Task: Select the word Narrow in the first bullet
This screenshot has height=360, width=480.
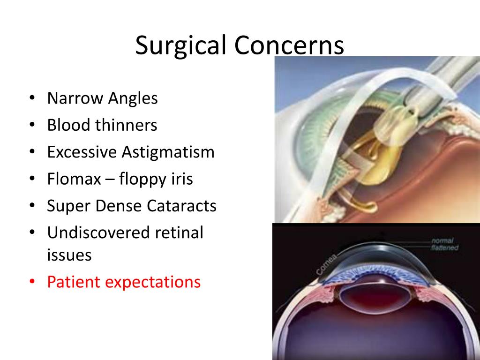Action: point(75,98)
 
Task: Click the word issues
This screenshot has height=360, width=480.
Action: point(69,255)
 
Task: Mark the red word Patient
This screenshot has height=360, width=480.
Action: point(73,282)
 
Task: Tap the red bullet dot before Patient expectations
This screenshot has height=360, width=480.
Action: point(31,283)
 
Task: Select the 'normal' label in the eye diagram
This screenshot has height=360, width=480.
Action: point(443,241)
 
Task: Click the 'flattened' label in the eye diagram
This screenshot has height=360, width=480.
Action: point(445,248)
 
